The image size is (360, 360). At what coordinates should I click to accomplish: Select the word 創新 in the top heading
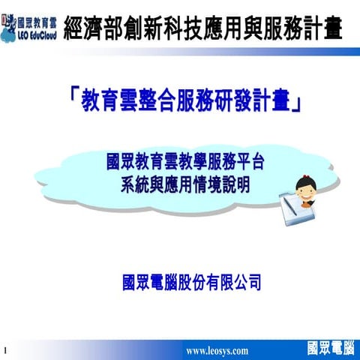click(x=151, y=27)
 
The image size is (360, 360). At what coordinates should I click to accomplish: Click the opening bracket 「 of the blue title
click(x=73, y=97)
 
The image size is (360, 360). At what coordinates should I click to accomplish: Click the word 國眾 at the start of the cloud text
click(x=121, y=160)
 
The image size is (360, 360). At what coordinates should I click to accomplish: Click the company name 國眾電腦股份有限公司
click(x=191, y=282)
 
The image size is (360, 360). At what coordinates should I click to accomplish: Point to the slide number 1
click(x=5, y=350)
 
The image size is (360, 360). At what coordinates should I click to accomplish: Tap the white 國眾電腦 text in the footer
click(x=331, y=348)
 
